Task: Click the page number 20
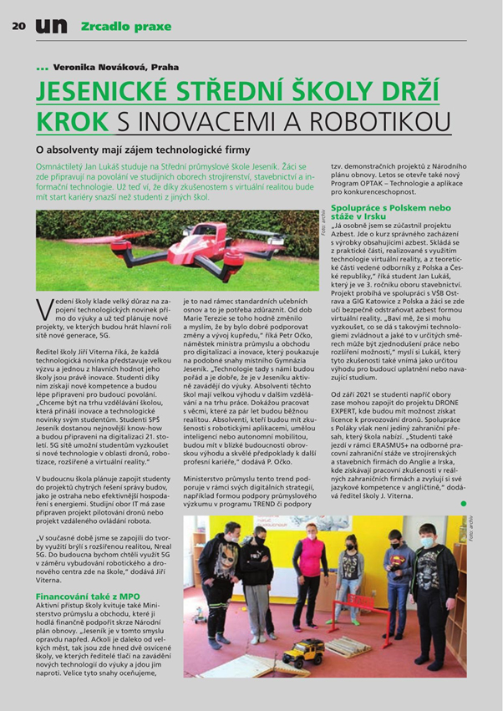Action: pyautogui.click(x=18, y=25)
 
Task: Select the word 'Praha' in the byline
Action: pyautogui.click(x=165, y=66)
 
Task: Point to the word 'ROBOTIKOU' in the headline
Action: pyautogui.click(x=366, y=118)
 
